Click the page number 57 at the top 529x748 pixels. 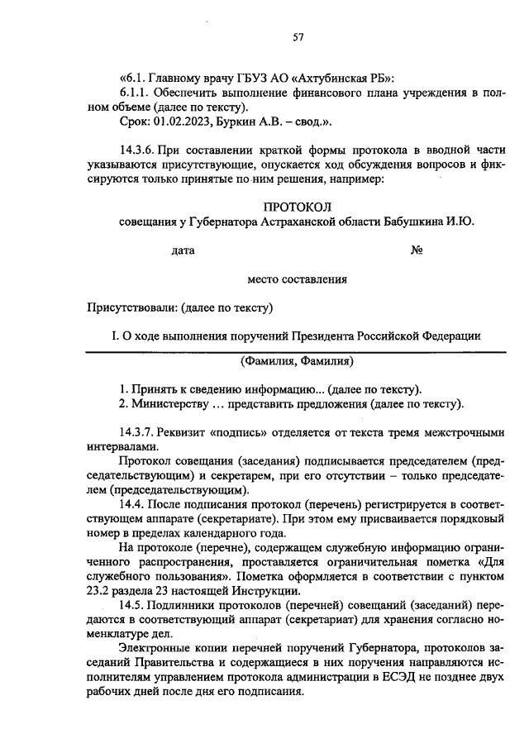[299, 36]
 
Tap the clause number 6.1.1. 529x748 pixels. [137, 92]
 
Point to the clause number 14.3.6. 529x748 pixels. [139, 149]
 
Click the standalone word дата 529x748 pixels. [183, 250]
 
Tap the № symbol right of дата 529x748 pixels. [417, 250]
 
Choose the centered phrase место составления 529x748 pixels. [297, 279]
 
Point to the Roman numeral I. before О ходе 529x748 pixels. [115, 336]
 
